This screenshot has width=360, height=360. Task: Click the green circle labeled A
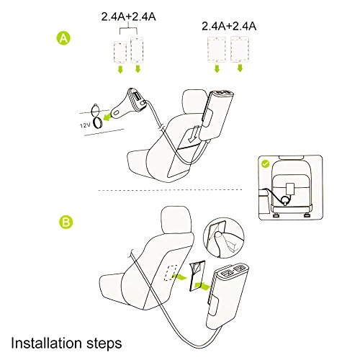point(63,38)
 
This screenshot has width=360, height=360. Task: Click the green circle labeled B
point(66,222)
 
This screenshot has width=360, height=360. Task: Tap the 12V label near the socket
point(85,125)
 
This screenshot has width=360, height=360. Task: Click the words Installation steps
point(66,343)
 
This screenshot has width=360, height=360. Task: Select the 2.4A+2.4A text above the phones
point(128,17)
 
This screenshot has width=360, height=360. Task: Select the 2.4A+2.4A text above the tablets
point(229,26)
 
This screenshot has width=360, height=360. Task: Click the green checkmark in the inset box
point(266,163)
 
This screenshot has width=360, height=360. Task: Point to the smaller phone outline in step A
point(120,52)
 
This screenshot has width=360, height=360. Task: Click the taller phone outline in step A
point(137,50)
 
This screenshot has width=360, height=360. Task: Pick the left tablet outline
point(217,50)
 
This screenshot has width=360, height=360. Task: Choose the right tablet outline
point(240,49)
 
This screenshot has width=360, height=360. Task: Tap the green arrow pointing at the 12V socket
point(108,117)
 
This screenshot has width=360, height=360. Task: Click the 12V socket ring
point(97,123)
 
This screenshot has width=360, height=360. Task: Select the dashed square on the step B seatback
point(170,272)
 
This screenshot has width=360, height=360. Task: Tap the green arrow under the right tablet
point(240,68)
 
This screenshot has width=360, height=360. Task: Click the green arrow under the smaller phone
point(120,70)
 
